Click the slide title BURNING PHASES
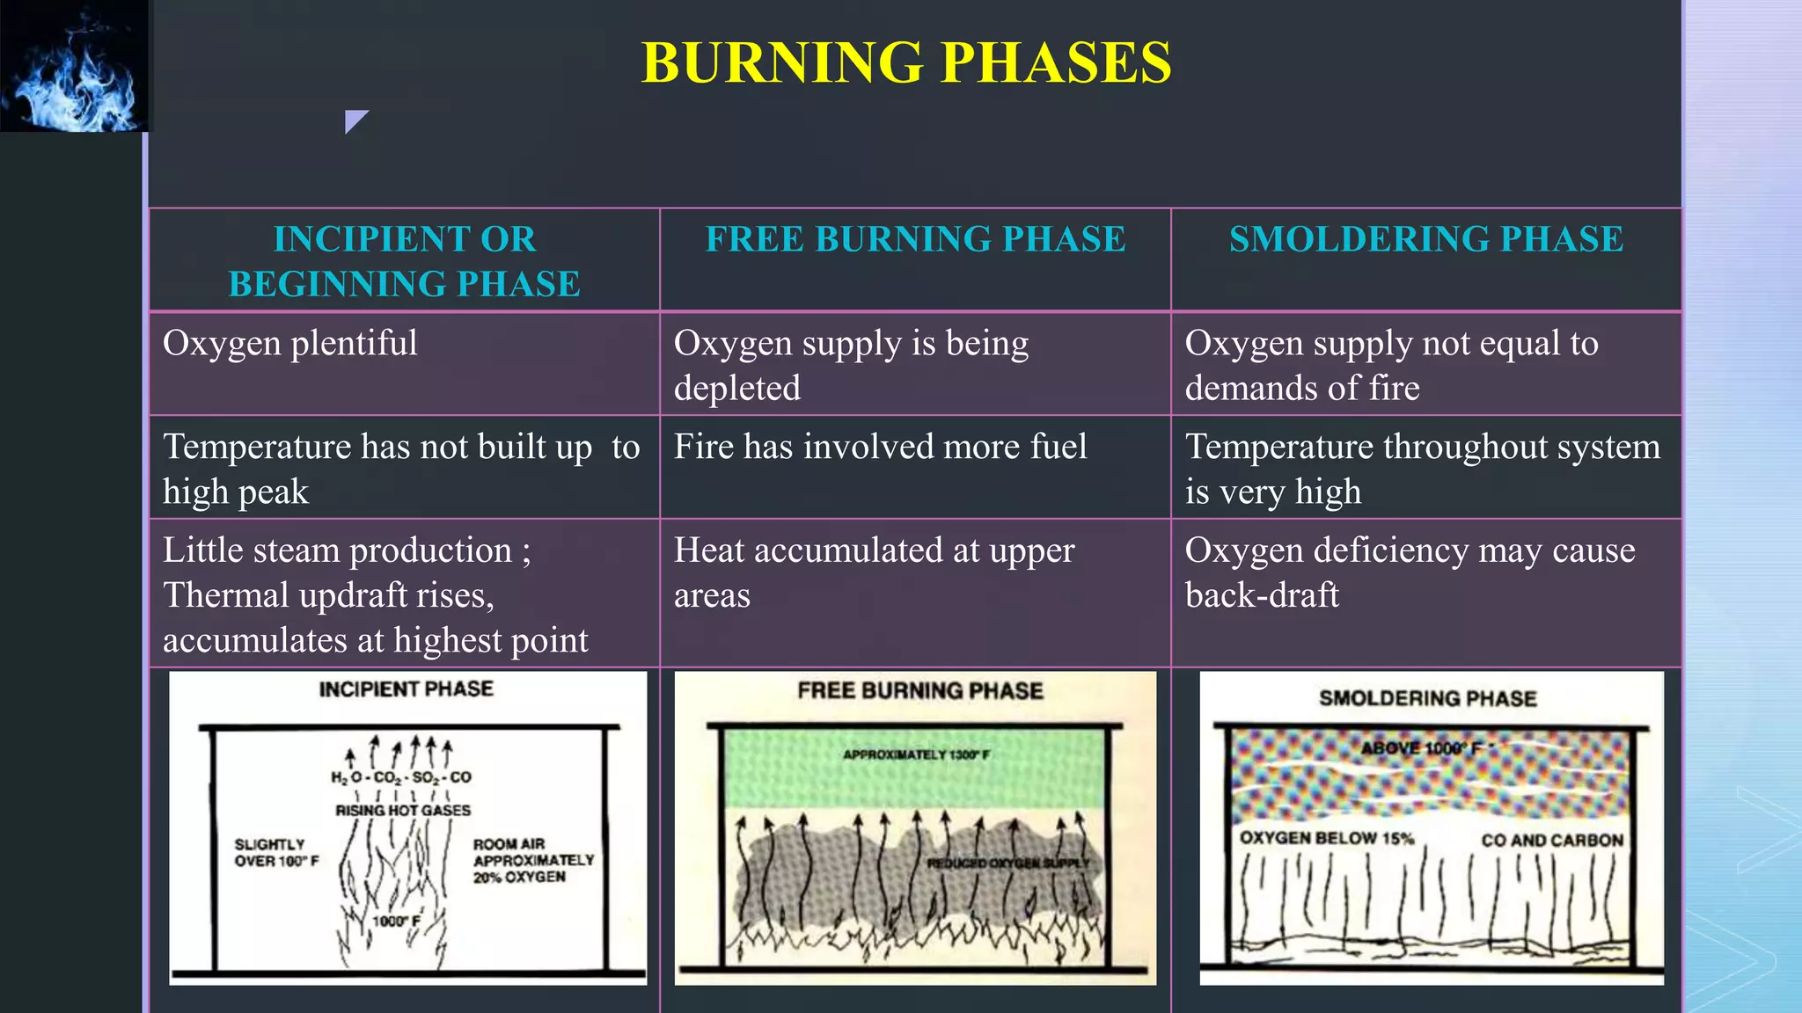[906, 62]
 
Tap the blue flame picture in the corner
[75, 66]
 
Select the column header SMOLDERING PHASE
[1425, 239]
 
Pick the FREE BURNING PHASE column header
[915, 239]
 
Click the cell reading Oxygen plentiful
[290, 343]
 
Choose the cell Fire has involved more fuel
[880, 447]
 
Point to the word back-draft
[1262, 595]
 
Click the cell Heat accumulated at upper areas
[874, 572]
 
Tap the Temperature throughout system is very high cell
[1422, 469]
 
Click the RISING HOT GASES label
[403, 810]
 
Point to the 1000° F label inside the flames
[396, 921]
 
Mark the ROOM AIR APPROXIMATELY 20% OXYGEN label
[533, 860]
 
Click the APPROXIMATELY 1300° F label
[916, 754]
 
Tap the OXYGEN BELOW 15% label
[1326, 838]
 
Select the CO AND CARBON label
[1551, 840]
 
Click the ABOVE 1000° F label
[1421, 748]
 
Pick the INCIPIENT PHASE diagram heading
[406, 689]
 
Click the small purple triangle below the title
[355, 120]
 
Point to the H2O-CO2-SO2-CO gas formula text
[401, 777]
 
